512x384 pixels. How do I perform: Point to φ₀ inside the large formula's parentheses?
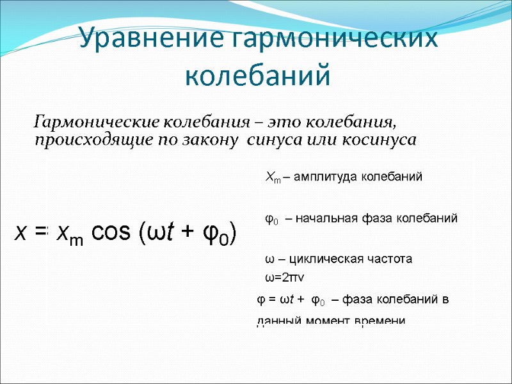[x=215, y=234]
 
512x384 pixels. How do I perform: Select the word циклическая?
[x=324, y=259]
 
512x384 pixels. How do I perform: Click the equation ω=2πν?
[x=284, y=278]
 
